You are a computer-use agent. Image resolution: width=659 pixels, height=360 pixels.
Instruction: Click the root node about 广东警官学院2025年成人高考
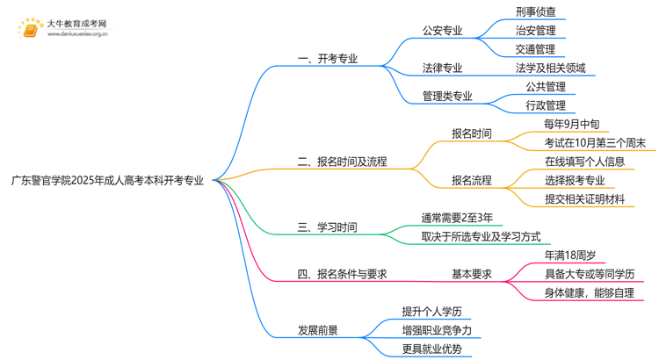click(107, 181)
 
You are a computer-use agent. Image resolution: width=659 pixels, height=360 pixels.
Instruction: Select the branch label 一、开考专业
click(327, 60)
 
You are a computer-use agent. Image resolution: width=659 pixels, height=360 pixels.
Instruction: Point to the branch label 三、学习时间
click(327, 227)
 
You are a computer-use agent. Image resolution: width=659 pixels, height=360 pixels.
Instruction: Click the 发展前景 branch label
click(318, 331)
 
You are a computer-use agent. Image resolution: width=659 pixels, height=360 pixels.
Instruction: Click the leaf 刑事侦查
click(536, 13)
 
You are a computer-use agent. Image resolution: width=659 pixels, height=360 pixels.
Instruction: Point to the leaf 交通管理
click(536, 49)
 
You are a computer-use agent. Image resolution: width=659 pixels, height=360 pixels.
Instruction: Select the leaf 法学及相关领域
click(551, 68)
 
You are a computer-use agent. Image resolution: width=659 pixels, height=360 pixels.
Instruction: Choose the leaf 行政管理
click(546, 105)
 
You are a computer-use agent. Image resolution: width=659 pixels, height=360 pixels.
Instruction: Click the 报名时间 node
click(472, 134)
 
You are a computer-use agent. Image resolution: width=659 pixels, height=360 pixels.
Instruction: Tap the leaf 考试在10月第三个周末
click(595, 143)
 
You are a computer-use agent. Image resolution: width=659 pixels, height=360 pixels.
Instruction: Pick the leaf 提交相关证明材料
click(585, 199)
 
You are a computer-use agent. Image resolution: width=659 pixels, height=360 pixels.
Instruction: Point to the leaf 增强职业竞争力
click(437, 331)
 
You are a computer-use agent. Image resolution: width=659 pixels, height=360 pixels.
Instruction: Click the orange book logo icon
click(30, 30)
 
